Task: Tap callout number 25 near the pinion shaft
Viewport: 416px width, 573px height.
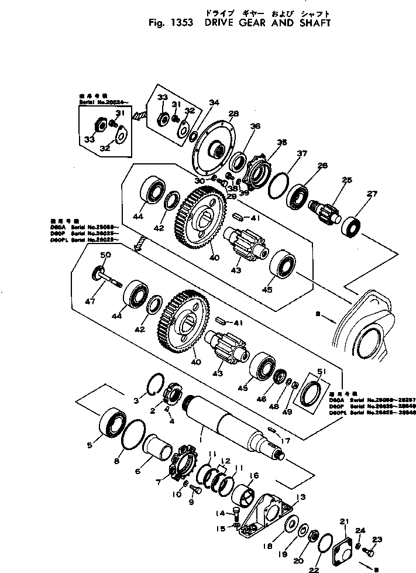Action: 348,181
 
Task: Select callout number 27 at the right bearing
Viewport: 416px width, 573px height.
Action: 371,194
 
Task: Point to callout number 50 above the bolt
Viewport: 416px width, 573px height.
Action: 106,256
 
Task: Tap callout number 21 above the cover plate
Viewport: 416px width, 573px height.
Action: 344,521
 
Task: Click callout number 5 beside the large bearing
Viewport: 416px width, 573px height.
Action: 90,445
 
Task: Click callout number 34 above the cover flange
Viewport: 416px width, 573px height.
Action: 214,103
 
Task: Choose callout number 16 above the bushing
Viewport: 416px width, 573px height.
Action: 255,476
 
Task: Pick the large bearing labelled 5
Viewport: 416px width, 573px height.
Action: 112,423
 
